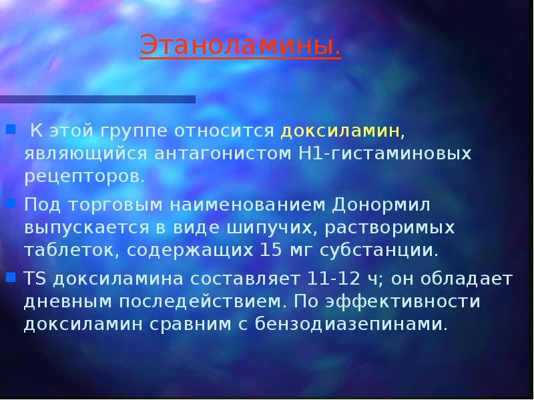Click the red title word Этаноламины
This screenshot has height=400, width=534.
click(x=240, y=46)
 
